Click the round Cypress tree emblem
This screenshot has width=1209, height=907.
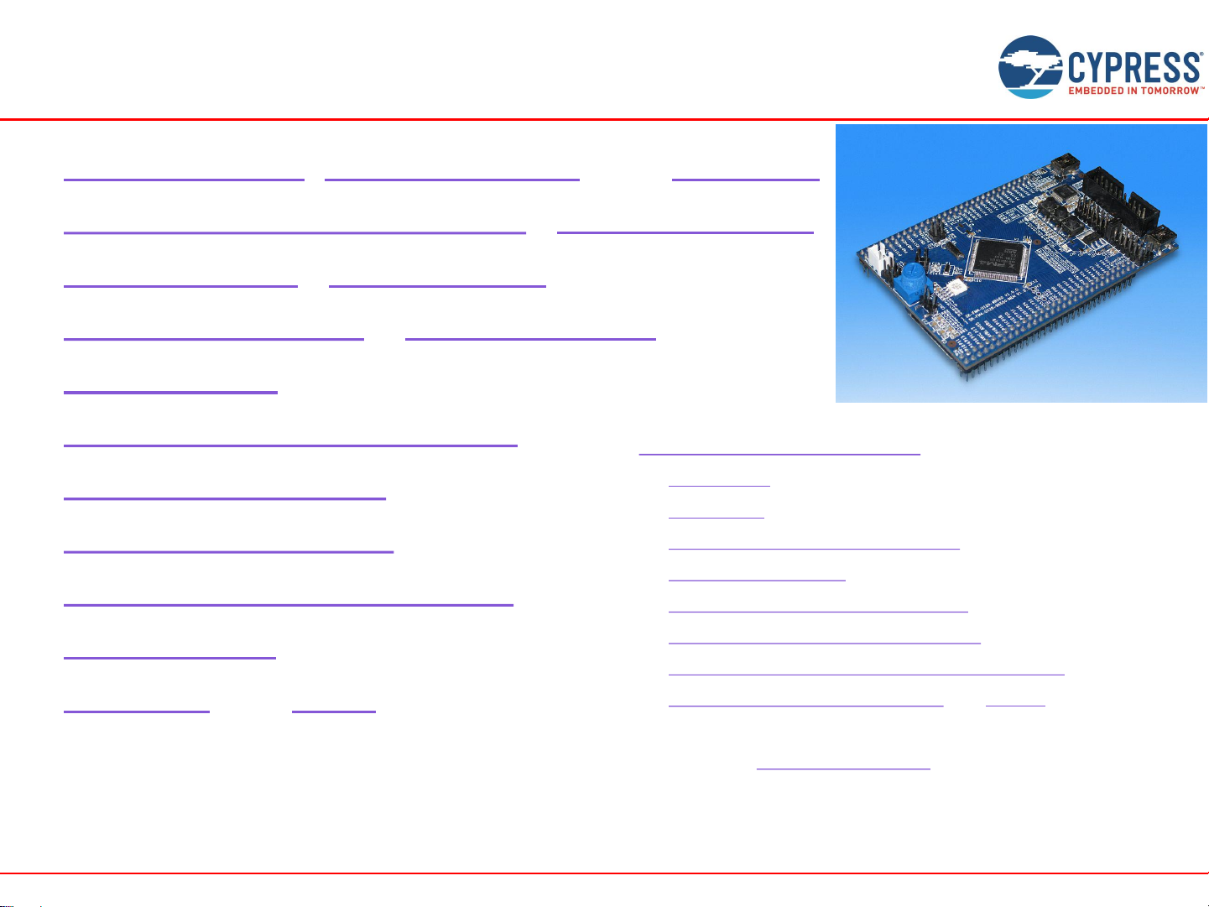(x=1030, y=66)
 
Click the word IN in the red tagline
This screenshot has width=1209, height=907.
(x=1134, y=91)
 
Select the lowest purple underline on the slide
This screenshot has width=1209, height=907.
(x=843, y=768)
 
